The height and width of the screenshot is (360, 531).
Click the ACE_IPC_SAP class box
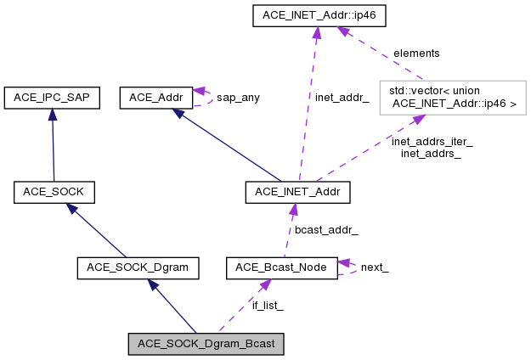coord(53,98)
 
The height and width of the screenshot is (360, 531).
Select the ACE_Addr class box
coord(156,98)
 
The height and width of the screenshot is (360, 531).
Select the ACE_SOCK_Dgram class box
coord(138,268)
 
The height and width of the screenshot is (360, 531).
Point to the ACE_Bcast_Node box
coord(282,268)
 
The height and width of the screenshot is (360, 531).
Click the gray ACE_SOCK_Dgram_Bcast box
coord(206,344)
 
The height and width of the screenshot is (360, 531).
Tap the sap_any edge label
coord(238,98)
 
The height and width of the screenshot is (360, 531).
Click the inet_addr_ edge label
coord(342,98)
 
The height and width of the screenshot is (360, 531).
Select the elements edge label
coord(416,53)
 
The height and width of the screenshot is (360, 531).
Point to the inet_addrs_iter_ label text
coord(432,142)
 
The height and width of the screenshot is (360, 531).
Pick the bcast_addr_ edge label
coord(325,230)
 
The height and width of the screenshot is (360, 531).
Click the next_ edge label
coord(375,268)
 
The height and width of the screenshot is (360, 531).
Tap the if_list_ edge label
coord(268,306)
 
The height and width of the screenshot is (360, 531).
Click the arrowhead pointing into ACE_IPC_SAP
coord(52,115)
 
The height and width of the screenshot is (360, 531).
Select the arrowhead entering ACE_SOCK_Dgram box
coord(153,285)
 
